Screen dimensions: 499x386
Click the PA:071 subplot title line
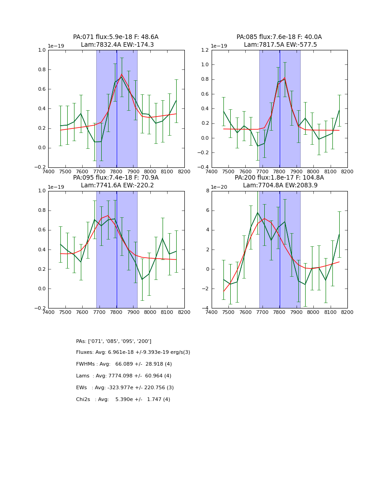click(116, 37)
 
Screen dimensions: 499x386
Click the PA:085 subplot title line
click(279, 37)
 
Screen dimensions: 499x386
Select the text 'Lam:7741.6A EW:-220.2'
click(116, 185)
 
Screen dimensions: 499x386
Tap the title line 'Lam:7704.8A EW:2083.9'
click(280, 185)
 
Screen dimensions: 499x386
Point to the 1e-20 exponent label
click(220, 187)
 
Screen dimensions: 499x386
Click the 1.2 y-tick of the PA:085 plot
click(204, 50)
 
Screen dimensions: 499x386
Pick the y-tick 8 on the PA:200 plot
click(207, 191)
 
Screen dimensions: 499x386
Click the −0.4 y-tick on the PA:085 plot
click(203, 167)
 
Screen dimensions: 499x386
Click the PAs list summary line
click(114, 341)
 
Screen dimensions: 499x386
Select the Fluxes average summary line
click(133, 352)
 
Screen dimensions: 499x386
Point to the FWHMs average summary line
click(124, 364)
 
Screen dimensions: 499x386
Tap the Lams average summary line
click(124, 376)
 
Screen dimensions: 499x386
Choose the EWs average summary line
click(125, 388)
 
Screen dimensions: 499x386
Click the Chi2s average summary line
click(123, 400)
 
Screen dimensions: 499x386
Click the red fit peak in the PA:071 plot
click(122, 74)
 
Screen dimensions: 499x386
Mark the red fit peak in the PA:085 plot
click(285, 79)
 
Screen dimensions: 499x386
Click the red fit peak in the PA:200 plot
click(265, 219)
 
